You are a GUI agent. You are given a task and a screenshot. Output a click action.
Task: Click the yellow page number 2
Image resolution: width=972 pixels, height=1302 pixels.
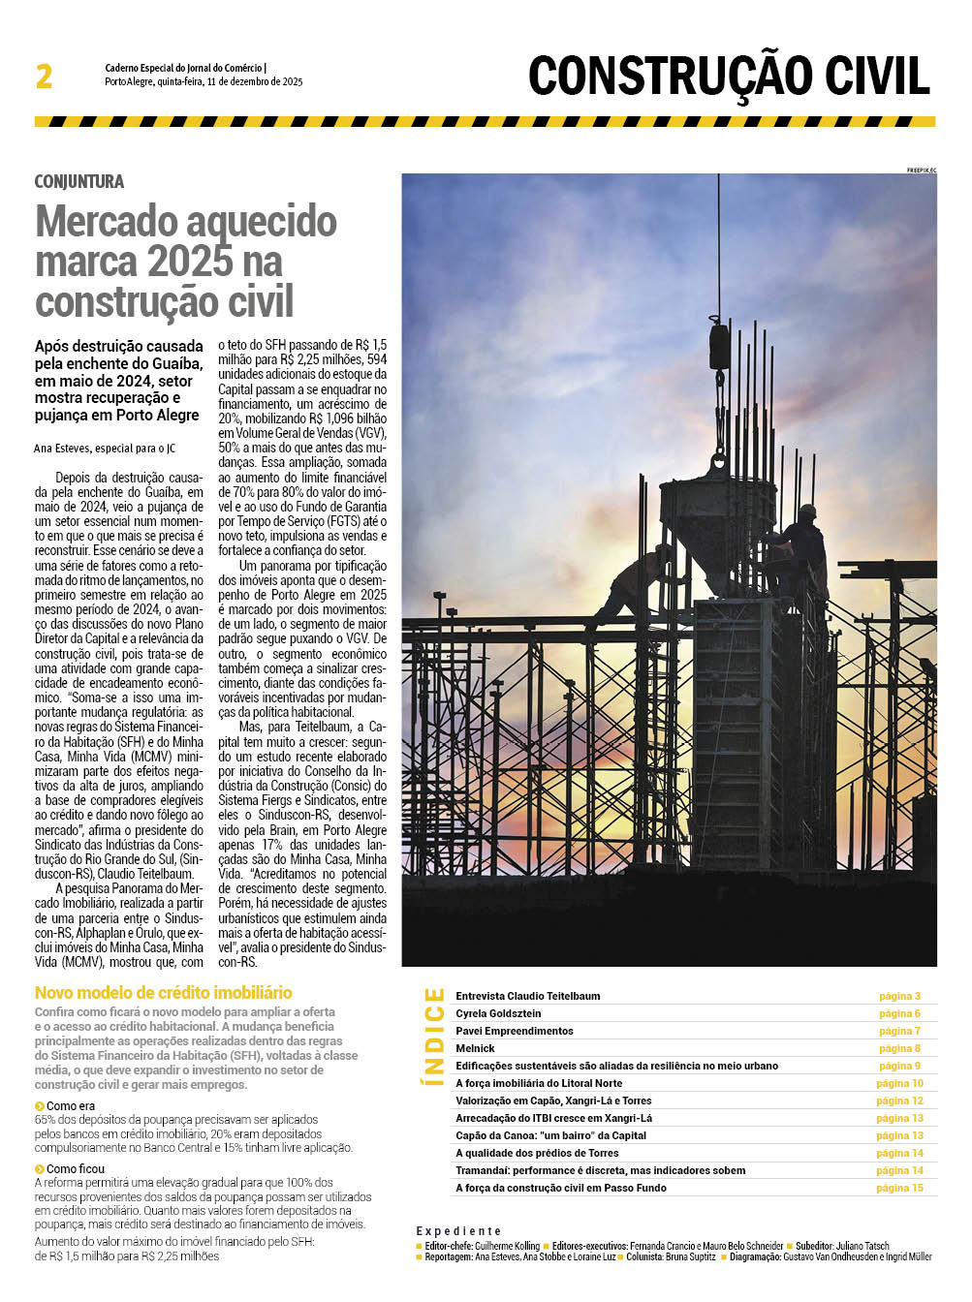tap(44, 77)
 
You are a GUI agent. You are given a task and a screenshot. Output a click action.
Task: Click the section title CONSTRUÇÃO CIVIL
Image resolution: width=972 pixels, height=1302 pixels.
tap(729, 77)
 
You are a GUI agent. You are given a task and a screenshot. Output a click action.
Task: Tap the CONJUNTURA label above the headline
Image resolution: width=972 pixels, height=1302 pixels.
tap(79, 182)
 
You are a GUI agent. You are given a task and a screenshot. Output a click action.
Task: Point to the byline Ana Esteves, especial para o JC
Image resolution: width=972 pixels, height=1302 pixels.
tap(105, 449)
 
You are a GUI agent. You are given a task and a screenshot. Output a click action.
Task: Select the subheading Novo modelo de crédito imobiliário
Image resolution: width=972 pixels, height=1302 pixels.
tap(163, 993)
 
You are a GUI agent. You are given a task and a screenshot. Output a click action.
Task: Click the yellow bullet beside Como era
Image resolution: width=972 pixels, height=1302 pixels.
tap(40, 1106)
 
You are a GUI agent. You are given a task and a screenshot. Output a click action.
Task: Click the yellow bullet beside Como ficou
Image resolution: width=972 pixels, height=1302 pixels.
tap(40, 1169)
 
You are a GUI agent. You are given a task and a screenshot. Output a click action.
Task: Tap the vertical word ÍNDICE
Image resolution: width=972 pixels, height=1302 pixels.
tap(434, 1036)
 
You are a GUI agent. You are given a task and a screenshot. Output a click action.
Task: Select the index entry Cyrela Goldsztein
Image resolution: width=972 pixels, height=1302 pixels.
tap(498, 1013)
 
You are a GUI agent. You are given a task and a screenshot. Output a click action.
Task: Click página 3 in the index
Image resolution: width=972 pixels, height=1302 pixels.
tap(899, 996)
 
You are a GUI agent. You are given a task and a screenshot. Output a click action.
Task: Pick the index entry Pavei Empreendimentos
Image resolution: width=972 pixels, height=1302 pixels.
tap(515, 1031)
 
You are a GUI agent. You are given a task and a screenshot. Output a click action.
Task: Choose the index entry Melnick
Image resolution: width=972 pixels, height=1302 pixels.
tap(475, 1048)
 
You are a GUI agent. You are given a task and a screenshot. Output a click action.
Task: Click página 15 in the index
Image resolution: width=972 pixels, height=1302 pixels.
tap(899, 1188)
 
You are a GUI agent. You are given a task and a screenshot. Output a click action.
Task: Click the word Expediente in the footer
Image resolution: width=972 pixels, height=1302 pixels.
tap(458, 1230)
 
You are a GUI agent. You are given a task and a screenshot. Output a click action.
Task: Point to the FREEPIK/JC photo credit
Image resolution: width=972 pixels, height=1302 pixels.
tap(921, 170)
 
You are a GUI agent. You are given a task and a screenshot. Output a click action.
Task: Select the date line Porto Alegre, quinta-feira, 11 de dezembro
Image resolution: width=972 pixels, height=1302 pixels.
tap(204, 82)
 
